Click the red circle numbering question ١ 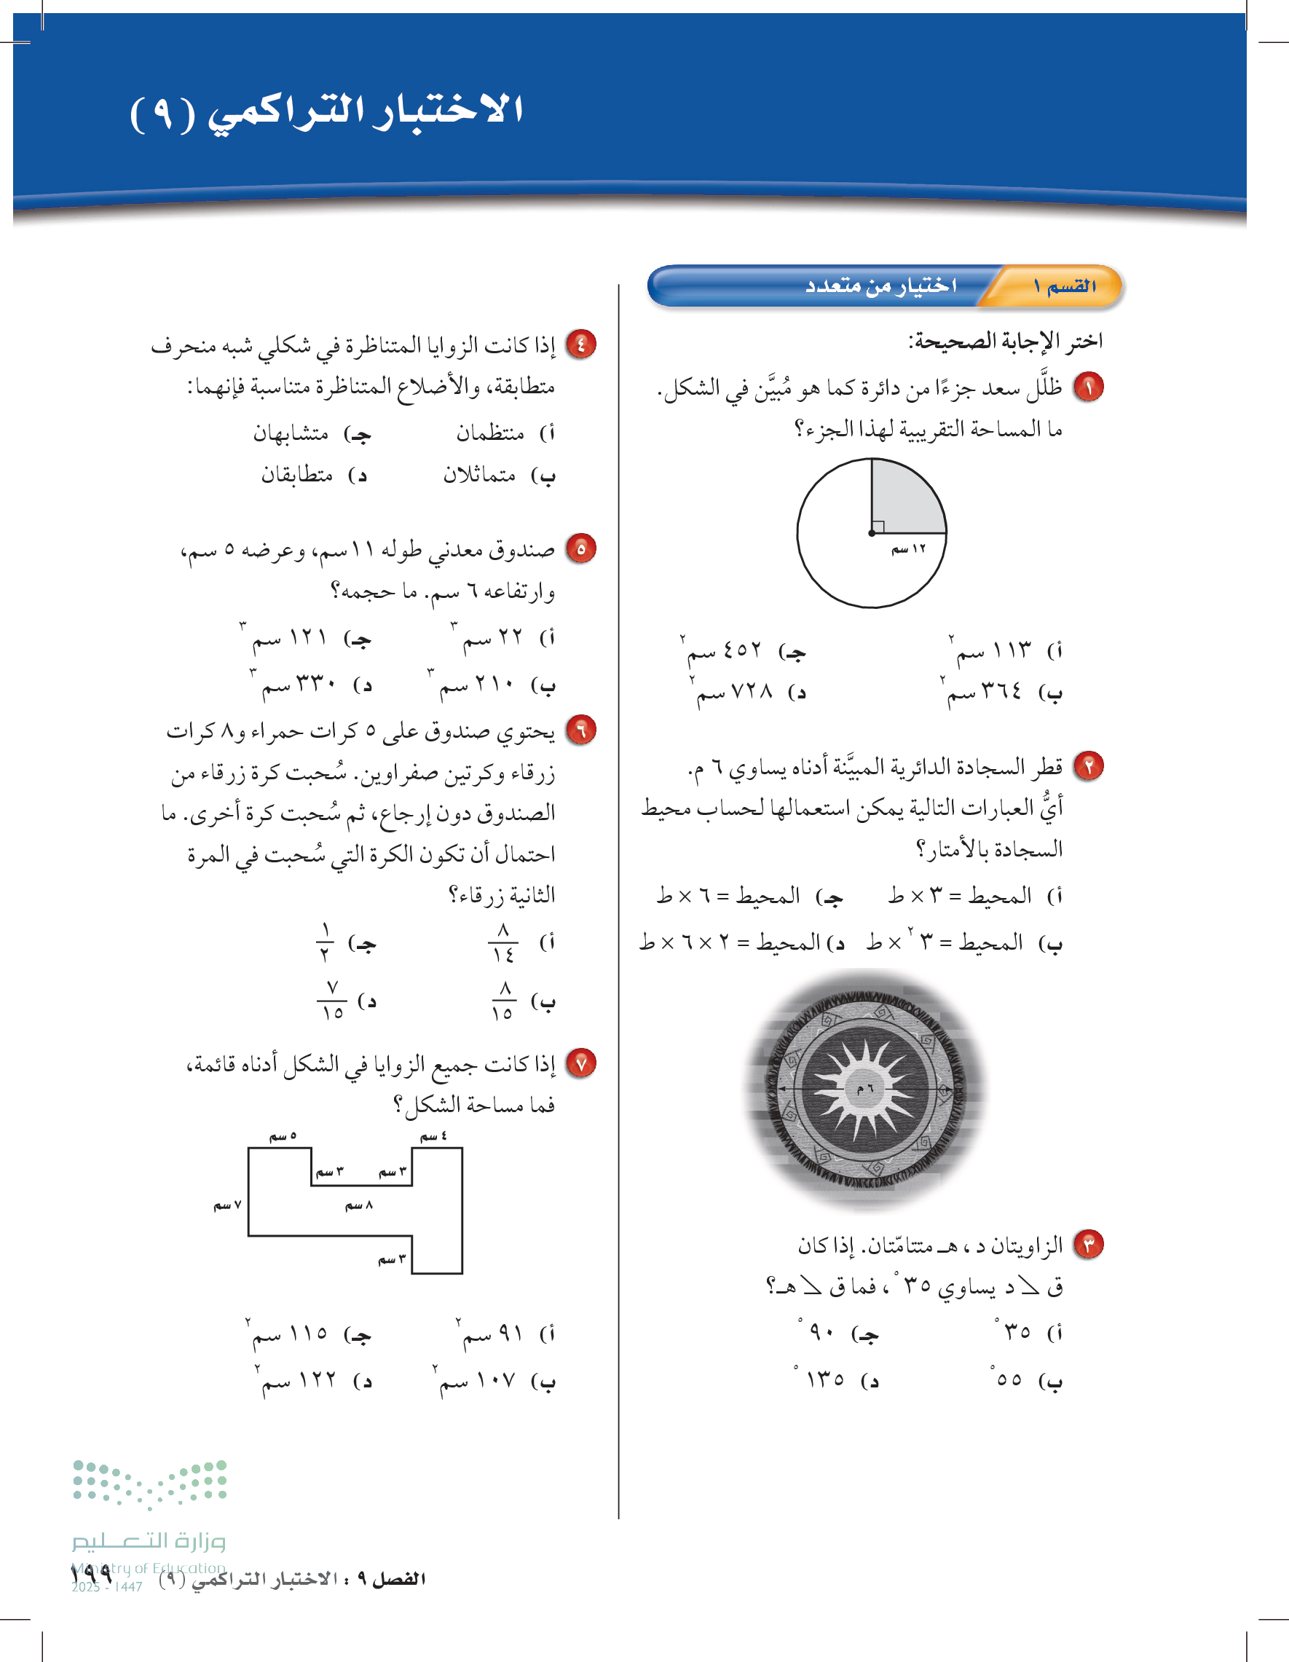pyautogui.click(x=1088, y=387)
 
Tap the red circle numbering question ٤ pyautogui.click(x=581, y=344)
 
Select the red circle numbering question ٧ pyautogui.click(x=581, y=1063)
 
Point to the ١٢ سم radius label pyautogui.click(x=909, y=548)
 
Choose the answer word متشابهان pyautogui.click(x=291, y=433)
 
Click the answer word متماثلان pyautogui.click(x=479, y=475)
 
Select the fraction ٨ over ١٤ pyautogui.click(x=503, y=943)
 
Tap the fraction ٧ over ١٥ pyautogui.click(x=333, y=1001)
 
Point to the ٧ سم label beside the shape pyautogui.click(x=227, y=1205)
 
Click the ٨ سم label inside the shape pyautogui.click(x=359, y=1205)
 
